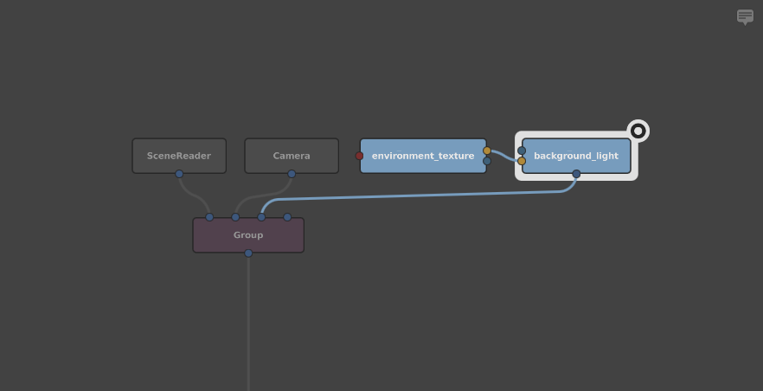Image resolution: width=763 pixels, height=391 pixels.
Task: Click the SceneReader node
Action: coord(179,156)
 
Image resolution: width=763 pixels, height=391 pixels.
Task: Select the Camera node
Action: coord(292,156)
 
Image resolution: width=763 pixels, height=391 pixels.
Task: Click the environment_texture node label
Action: coord(423,156)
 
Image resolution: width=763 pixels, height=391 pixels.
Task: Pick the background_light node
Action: coord(576,156)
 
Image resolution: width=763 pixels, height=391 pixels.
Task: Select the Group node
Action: coord(248,235)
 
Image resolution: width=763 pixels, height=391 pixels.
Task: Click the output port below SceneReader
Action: coord(179,174)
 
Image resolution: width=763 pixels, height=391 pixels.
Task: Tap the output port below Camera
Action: coord(292,174)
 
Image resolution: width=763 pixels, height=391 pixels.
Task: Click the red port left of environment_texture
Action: coord(360,156)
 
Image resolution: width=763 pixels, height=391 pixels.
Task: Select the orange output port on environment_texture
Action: coord(487,151)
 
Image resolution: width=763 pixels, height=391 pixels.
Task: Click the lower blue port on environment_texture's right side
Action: coord(487,161)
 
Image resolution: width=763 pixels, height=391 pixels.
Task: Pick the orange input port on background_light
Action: coord(522,161)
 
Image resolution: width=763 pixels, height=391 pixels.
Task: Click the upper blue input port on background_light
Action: coord(522,151)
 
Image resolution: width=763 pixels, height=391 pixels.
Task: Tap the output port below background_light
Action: coord(576,174)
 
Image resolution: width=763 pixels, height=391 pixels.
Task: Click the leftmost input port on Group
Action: coord(209,217)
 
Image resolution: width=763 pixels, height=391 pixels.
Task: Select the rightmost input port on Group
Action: coord(287,217)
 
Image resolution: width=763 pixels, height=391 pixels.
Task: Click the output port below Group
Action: coord(248,253)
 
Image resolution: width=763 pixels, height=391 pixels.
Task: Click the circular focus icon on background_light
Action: coord(638,131)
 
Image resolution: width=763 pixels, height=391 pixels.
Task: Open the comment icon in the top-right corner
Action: coord(745,16)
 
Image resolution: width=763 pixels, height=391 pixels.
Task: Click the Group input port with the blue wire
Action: coord(261,217)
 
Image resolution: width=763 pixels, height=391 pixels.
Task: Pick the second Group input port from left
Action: coord(235,217)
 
